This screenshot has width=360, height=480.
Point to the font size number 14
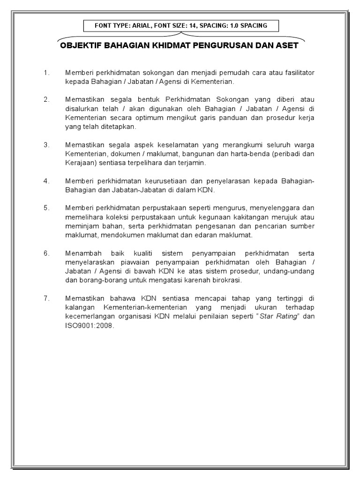pos(192,25)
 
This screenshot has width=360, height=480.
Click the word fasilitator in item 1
pos(298,73)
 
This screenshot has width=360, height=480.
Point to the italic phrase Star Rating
pos(279,316)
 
